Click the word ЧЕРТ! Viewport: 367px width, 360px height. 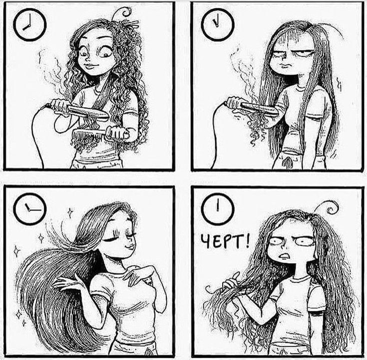click(225, 242)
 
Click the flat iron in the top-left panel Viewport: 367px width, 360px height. click(79, 111)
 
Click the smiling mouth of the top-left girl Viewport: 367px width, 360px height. click(90, 66)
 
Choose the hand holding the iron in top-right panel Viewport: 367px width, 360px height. click(235, 103)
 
